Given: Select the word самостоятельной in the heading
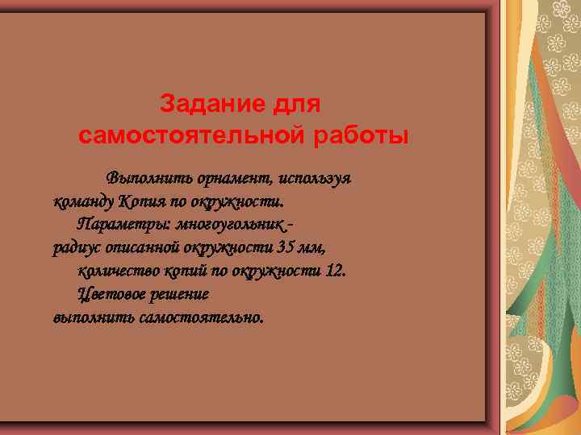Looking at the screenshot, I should point(190,135).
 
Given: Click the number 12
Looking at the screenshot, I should point(334,269).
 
